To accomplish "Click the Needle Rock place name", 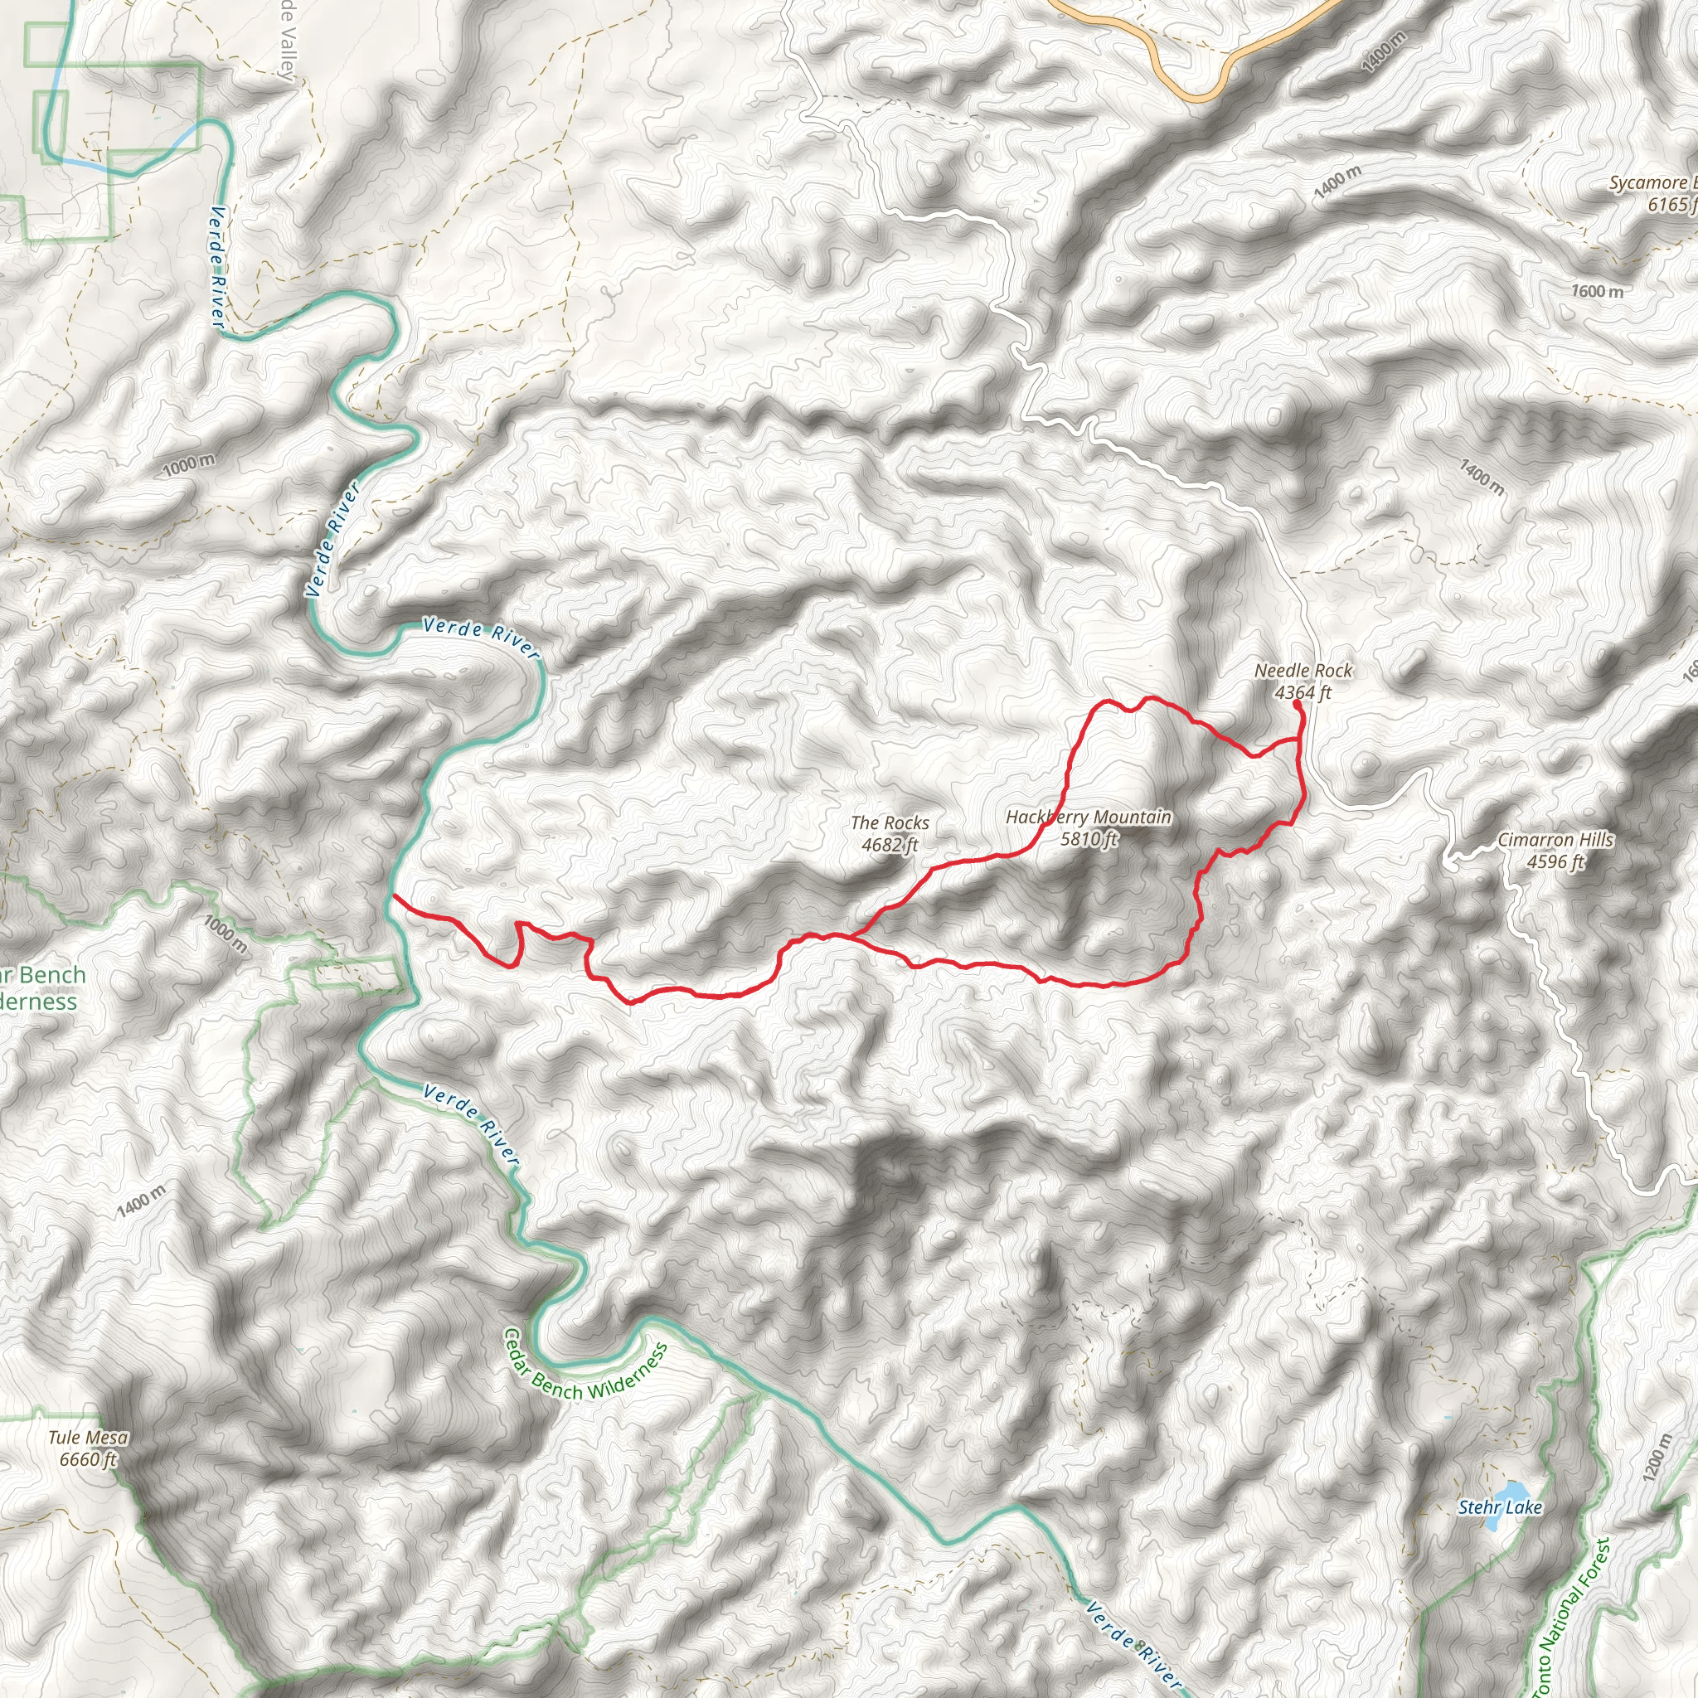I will [1303, 671].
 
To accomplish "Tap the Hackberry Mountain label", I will [1088, 817].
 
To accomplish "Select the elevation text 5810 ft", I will [1088, 839].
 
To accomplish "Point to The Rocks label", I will [890, 822].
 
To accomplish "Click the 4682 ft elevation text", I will [890, 845].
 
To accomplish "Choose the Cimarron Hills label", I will [1555, 840].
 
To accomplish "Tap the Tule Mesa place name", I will [88, 1438].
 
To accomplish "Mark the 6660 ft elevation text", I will [88, 1460].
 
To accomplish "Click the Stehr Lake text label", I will [1500, 1507].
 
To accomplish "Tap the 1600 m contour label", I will [1597, 291].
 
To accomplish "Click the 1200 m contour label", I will [1656, 1458].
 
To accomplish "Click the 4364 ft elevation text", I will [1303, 692].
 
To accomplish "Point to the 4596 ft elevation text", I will [1555, 862].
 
